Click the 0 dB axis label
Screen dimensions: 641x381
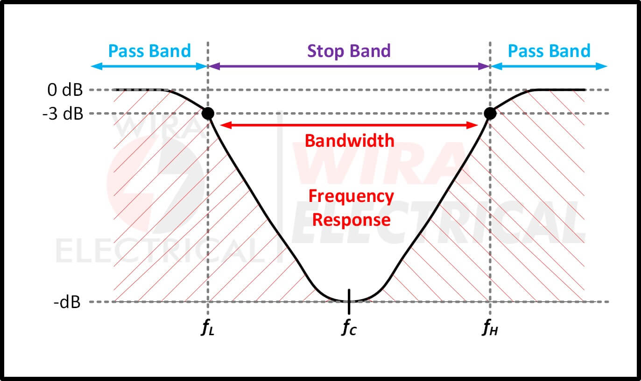pos(65,90)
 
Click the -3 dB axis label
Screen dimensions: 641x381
pos(63,114)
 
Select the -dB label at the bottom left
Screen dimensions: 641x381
pos(67,302)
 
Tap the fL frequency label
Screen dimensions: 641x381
pos(207,327)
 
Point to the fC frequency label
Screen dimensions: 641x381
pos(349,327)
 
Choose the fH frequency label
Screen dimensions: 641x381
pos(490,327)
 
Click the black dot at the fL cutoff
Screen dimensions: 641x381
pos(208,114)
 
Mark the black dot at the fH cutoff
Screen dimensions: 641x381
pos(490,114)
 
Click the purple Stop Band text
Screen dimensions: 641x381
pos(349,51)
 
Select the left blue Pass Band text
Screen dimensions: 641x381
pos(149,51)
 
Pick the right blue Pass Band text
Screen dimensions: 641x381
pos(549,51)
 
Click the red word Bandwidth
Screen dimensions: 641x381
pos(349,141)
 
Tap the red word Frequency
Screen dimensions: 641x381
pos(351,196)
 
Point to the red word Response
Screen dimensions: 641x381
pos(351,220)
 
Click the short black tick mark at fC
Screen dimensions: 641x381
pos(349,302)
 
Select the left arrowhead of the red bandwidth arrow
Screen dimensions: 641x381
pos(226,125)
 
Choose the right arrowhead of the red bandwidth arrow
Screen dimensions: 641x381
pos(472,125)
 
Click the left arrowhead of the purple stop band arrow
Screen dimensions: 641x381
pos(214,66)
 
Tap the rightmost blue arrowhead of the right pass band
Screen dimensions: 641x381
pos(601,66)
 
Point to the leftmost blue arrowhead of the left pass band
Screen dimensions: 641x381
pos(97,66)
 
